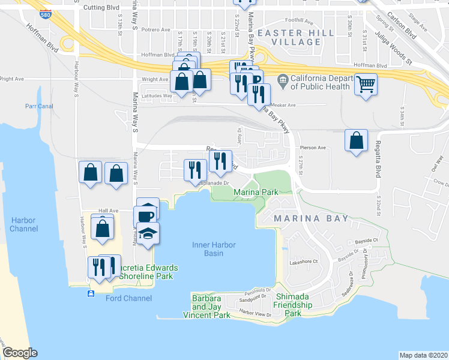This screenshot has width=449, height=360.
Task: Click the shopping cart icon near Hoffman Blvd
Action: [x=366, y=85]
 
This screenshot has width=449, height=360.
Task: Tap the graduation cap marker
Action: [x=148, y=232]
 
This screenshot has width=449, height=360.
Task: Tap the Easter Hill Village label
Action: [x=288, y=37]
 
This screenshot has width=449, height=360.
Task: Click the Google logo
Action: [x=20, y=352]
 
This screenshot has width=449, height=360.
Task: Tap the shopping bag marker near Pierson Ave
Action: [x=356, y=140]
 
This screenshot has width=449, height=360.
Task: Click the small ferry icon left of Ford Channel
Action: [x=91, y=293]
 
